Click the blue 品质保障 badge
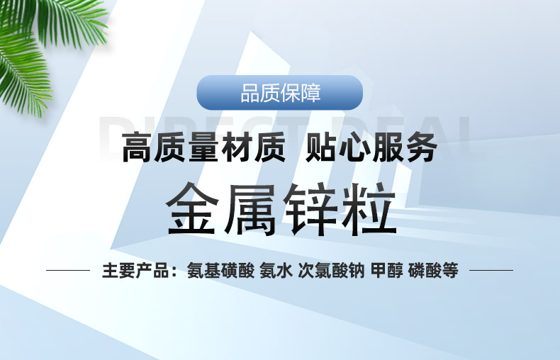click(279, 92)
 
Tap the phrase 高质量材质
click(203, 149)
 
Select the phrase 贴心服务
click(370, 149)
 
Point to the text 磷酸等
click(434, 270)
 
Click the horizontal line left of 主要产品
click(68, 270)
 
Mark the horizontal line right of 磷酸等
click(491, 270)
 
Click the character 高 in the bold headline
click(138, 149)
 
